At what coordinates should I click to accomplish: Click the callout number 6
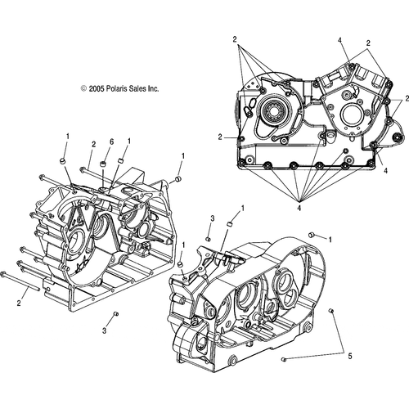(x=111, y=142)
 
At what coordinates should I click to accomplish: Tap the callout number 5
(x=350, y=356)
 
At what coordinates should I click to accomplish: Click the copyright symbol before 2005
(x=84, y=88)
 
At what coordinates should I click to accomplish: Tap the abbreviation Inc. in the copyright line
(x=153, y=88)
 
